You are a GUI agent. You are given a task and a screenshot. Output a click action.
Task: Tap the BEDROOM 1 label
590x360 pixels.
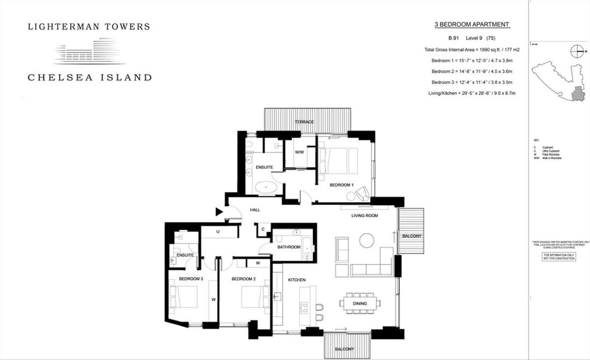342,185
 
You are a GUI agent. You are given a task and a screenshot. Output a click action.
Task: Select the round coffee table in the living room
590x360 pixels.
366,240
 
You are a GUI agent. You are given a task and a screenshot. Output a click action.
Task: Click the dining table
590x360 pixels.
360,303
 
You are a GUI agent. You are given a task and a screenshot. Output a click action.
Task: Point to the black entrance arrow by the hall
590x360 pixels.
219,212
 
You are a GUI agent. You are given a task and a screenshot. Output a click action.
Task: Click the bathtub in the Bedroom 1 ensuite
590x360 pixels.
268,187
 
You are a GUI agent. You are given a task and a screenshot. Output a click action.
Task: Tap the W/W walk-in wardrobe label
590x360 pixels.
300,152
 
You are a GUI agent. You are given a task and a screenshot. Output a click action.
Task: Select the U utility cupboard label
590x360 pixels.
217,231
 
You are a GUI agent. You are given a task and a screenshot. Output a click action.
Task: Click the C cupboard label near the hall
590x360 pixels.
263,229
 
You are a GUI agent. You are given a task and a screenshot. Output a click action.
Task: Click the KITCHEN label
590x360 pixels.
296,280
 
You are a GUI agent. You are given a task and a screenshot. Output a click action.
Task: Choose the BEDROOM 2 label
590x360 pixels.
243,279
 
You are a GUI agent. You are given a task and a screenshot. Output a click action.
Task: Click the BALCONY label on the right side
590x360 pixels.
412,236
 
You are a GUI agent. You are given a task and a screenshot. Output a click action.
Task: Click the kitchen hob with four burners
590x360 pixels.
304,308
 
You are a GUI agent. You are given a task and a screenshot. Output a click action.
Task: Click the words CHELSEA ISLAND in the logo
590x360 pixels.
89,77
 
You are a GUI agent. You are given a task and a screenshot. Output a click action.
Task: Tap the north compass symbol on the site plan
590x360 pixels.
578,50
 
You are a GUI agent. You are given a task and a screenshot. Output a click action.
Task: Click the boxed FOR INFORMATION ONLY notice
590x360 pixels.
559,257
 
